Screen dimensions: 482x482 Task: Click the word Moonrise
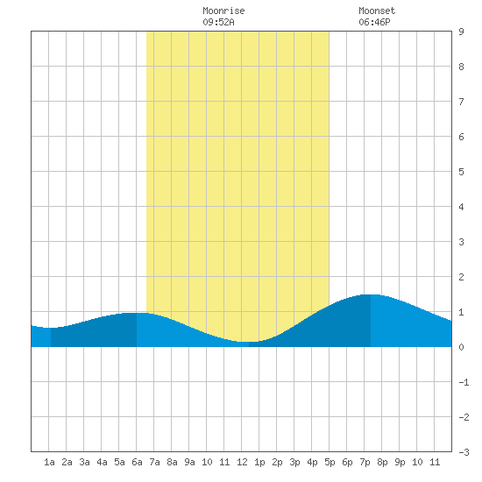(223, 11)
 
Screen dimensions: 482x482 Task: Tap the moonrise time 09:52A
(218, 22)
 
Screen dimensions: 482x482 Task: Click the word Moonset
(377, 11)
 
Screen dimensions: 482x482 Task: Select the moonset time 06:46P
(374, 22)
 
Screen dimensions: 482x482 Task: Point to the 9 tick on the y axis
(461, 32)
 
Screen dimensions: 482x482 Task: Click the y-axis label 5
(461, 172)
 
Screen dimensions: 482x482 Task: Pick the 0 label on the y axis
(461, 347)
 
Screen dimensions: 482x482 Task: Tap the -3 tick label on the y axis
(464, 452)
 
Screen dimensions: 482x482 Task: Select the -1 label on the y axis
(464, 382)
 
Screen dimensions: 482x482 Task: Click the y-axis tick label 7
(461, 102)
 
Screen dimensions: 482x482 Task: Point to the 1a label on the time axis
(49, 462)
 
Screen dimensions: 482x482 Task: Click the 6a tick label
(137, 462)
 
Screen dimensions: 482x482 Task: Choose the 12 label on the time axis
(242, 462)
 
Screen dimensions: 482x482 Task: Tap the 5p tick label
(330, 462)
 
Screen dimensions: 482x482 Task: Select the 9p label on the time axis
(400, 462)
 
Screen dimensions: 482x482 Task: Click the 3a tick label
(84, 462)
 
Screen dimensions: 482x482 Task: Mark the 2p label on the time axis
(277, 462)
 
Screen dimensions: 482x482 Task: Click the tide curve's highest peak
(371, 294)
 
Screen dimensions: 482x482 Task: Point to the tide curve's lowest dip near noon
(248, 342)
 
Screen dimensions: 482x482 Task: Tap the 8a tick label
(172, 462)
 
